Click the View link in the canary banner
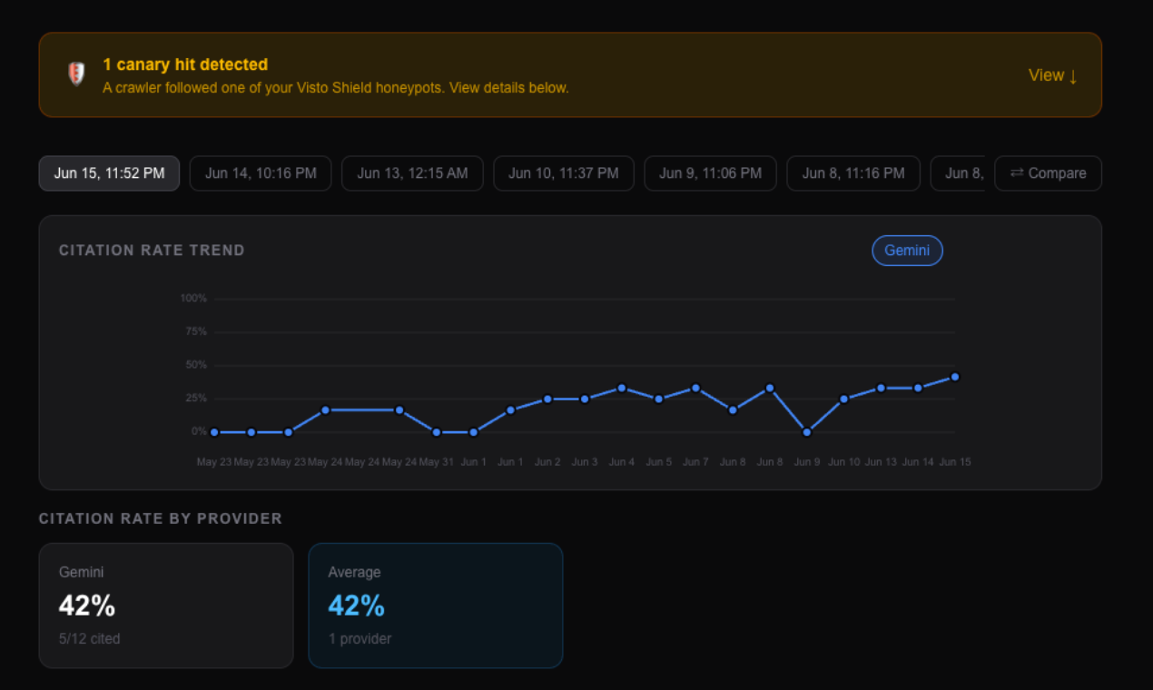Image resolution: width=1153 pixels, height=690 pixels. tap(1052, 75)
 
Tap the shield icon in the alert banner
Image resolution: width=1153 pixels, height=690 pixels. tap(76, 74)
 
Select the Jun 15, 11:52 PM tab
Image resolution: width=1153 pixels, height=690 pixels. tap(109, 173)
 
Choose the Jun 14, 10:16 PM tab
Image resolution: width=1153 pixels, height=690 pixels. tap(261, 173)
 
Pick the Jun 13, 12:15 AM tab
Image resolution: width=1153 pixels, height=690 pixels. tap(412, 173)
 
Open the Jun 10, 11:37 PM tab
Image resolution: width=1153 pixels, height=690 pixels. tap(564, 173)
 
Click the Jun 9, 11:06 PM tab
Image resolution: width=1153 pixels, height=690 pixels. tap(710, 173)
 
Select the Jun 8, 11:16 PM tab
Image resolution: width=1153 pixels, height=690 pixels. tap(853, 173)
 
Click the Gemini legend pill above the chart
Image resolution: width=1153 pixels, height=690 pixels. tap(907, 251)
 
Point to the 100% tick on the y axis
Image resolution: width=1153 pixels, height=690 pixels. tap(193, 298)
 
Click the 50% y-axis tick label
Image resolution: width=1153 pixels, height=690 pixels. tap(196, 365)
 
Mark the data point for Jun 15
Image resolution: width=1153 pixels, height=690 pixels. tap(955, 377)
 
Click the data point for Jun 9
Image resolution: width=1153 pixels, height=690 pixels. tap(806, 432)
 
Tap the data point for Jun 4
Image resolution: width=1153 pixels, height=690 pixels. tap(622, 388)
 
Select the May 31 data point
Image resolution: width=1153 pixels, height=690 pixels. tap(437, 432)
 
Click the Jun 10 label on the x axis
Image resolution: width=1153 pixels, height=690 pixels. tap(843, 462)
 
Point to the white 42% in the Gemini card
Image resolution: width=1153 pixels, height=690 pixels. tap(87, 605)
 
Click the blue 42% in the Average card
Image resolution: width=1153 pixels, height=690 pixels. tap(356, 605)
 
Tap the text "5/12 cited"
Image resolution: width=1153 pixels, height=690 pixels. tap(90, 638)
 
